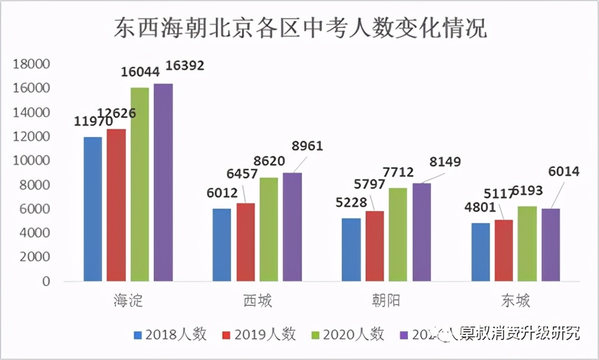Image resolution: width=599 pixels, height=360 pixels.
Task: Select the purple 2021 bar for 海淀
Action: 163,182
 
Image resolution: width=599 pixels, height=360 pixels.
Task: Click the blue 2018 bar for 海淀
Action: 92,209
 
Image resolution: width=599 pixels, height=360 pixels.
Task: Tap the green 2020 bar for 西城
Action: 269,229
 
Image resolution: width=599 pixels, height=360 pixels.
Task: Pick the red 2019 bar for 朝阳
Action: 375,246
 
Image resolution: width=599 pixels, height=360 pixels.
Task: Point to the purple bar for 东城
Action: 550,245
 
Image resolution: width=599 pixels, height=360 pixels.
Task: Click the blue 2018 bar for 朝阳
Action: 351,249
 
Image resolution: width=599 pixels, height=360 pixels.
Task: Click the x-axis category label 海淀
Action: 128,301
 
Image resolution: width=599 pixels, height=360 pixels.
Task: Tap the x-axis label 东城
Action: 516,301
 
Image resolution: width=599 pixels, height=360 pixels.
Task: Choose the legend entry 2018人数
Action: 170,334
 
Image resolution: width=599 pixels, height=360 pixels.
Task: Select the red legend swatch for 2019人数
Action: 227,335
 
